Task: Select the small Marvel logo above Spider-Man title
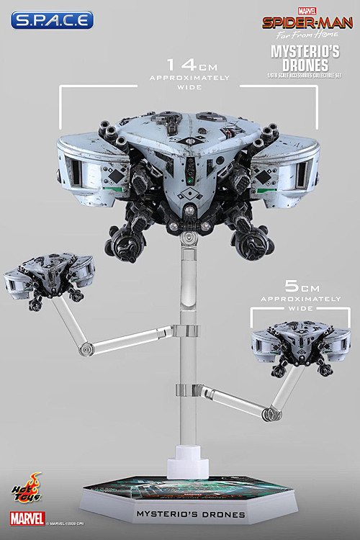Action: point(306,9)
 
